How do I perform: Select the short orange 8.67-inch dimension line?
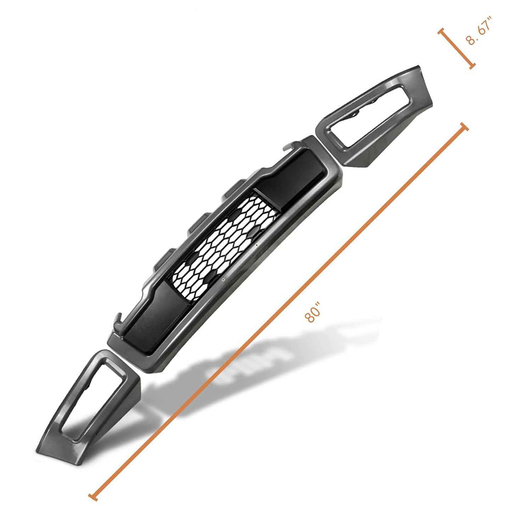coord(456,49)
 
